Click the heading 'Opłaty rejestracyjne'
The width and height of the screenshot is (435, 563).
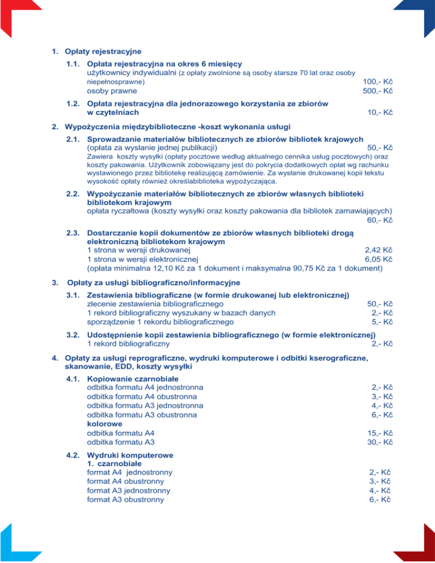pyautogui.click(x=103, y=52)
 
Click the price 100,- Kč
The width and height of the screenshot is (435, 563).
pyautogui.click(x=378, y=81)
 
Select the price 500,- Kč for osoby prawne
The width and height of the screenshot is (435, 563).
pyautogui.click(x=378, y=91)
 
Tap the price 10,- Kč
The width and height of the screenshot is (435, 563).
pyautogui.click(x=380, y=112)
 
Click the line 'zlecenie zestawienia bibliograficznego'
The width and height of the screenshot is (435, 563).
pyautogui.click(x=155, y=304)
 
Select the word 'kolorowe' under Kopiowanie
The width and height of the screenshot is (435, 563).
pyautogui.click(x=104, y=423)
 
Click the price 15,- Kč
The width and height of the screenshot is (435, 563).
pyautogui.click(x=380, y=433)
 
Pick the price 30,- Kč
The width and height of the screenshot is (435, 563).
pyautogui.click(x=380, y=442)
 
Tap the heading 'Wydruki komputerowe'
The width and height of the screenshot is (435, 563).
pyautogui.click(x=130, y=455)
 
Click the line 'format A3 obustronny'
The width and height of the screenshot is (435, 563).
pyautogui.click(x=125, y=500)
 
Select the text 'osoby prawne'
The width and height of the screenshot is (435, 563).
pyautogui.click(x=112, y=91)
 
